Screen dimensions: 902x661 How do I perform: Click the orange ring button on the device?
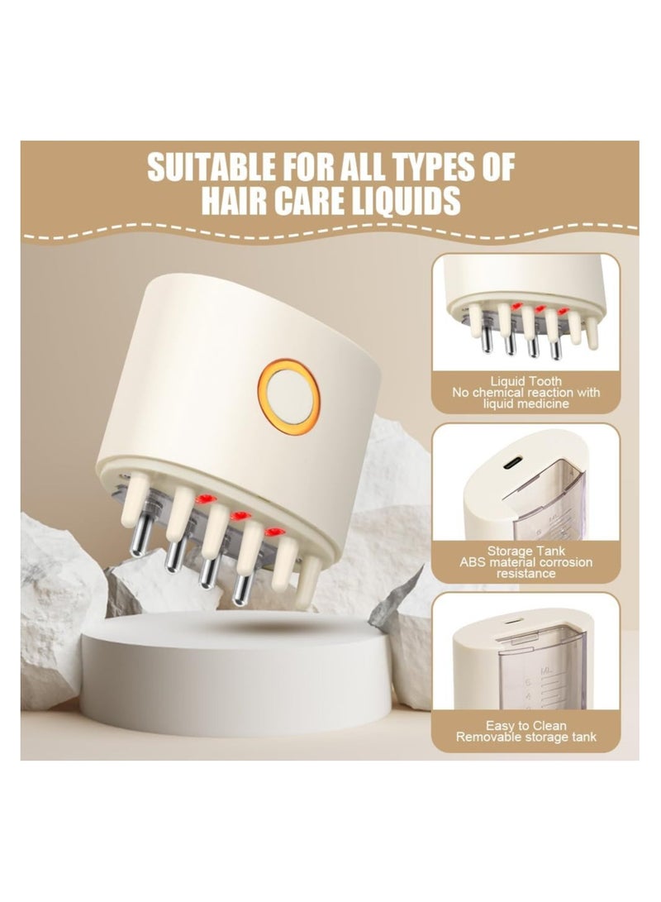(288, 392)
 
